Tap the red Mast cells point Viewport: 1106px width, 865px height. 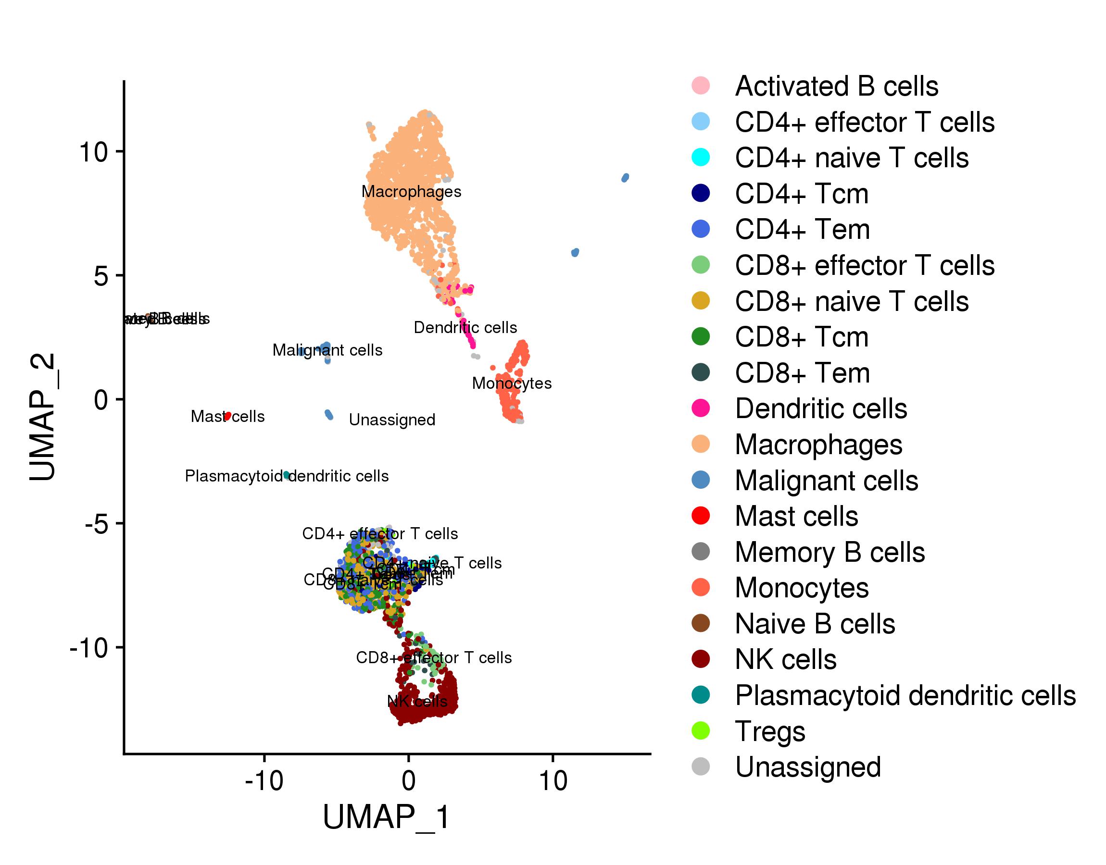(228, 416)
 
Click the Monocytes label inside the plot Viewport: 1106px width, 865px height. (512, 383)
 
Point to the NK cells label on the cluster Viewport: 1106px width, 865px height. (417, 702)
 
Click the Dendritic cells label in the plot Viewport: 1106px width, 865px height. (465, 328)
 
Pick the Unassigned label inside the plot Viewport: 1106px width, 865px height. (392, 420)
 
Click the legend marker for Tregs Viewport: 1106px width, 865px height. (701, 731)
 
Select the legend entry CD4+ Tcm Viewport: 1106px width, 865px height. (802, 194)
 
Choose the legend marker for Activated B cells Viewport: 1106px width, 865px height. (701, 85)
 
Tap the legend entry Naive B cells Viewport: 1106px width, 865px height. (815, 624)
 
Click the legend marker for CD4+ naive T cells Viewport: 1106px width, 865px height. (701, 157)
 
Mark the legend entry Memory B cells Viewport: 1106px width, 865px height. (829, 552)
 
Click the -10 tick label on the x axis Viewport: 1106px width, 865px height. (264, 781)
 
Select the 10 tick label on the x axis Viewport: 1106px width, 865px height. (553, 781)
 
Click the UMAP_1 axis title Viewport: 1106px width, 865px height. (386, 817)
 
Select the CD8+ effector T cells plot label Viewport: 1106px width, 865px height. (434, 658)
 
